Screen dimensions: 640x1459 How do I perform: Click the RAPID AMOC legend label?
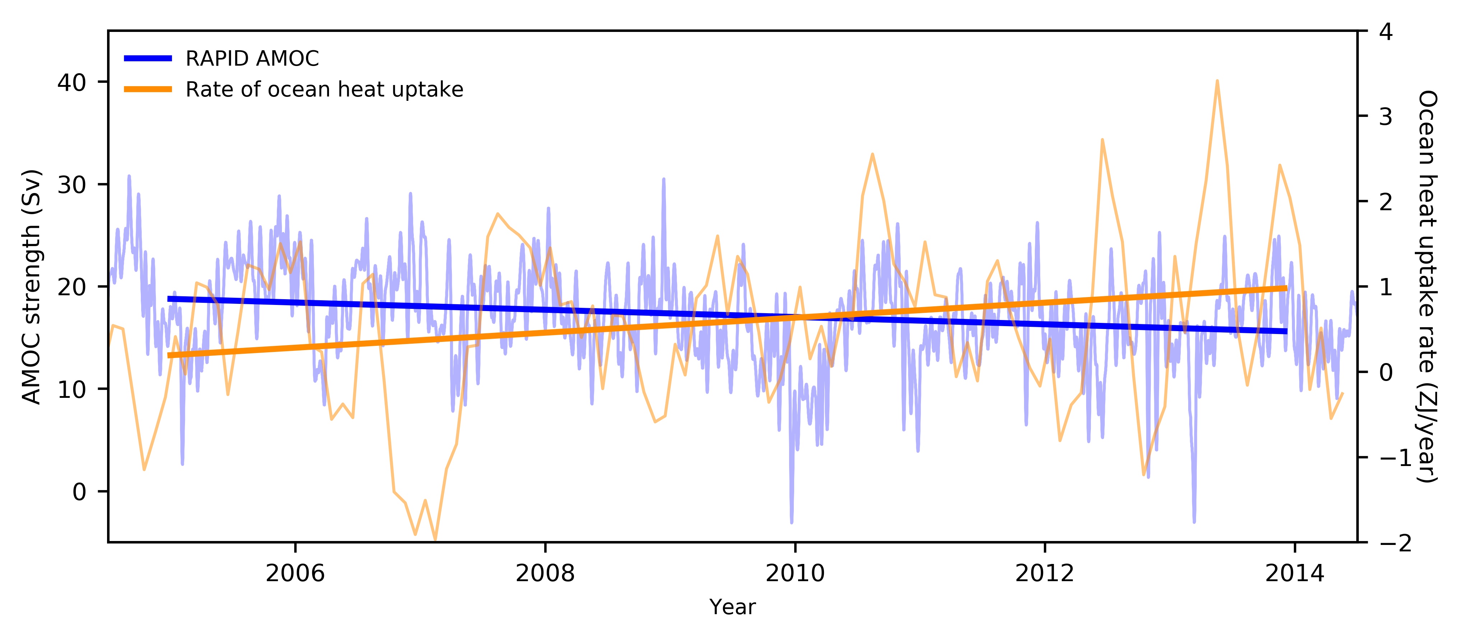point(252,58)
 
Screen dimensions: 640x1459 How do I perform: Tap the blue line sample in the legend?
point(148,58)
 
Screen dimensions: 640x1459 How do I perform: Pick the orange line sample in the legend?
point(148,89)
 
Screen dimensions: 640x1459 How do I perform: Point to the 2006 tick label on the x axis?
point(295,574)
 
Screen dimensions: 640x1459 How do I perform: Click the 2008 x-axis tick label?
point(545,574)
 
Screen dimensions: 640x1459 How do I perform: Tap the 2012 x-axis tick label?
point(1045,574)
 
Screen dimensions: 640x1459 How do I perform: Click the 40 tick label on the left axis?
point(71,83)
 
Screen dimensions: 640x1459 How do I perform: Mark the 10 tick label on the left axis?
point(71,389)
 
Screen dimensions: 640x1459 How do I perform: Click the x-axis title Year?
point(732,607)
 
